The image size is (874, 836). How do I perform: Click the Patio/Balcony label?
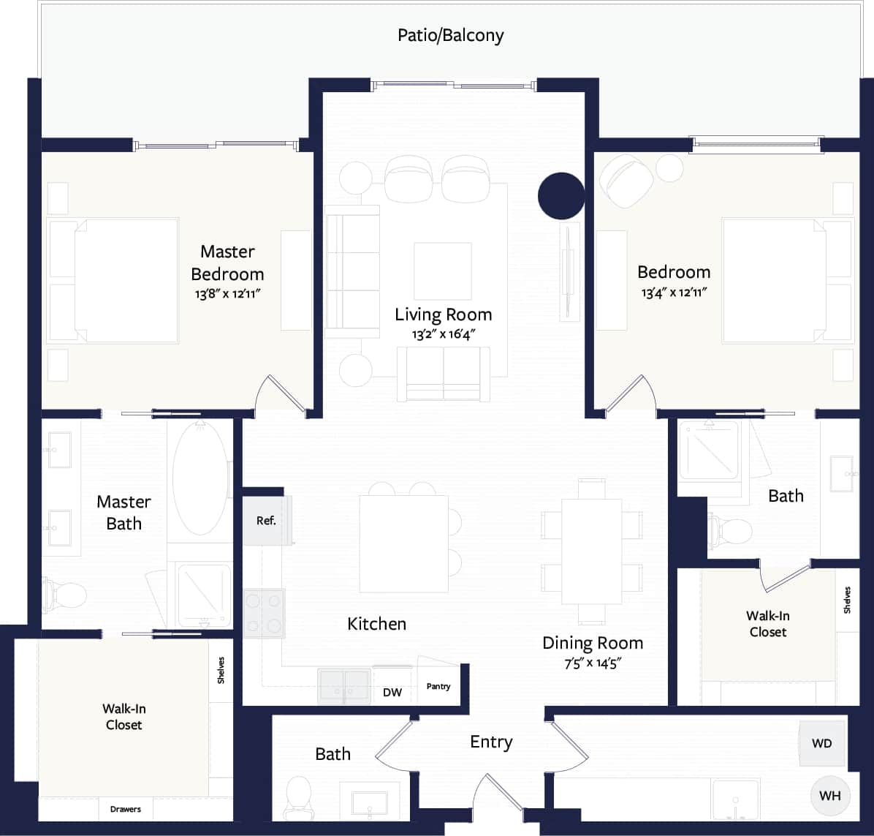(x=450, y=35)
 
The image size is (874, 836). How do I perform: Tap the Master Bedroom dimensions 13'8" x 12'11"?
(x=227, y=293)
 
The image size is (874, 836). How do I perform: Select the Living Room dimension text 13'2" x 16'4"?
(x=443, y=334)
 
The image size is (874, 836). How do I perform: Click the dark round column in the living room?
(x=561, y=196)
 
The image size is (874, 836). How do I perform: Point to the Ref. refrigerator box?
(x=266, y=521)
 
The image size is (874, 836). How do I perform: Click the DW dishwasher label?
(x=392, y=692)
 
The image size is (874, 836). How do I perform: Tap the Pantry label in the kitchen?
(x=438, y=686)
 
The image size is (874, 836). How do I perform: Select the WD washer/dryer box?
(x=822, y=743)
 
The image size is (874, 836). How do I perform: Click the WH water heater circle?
(x=830, y=796)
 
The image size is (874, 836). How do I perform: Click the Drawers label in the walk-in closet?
(x=126, y=809)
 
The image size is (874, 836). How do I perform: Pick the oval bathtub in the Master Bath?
(x=199, y=479)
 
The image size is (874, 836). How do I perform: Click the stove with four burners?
(x=264, y=613)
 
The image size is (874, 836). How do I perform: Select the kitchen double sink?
(x=344, y=686)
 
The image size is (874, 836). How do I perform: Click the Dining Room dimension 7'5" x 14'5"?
(x=593, y=663)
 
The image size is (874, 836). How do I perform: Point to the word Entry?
(x=491, y=742)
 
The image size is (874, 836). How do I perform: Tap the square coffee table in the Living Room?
(x=442, y=271)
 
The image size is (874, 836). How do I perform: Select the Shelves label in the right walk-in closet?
(x=847, y=600)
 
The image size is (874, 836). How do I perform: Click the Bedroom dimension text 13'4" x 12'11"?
(x=674, y=293)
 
